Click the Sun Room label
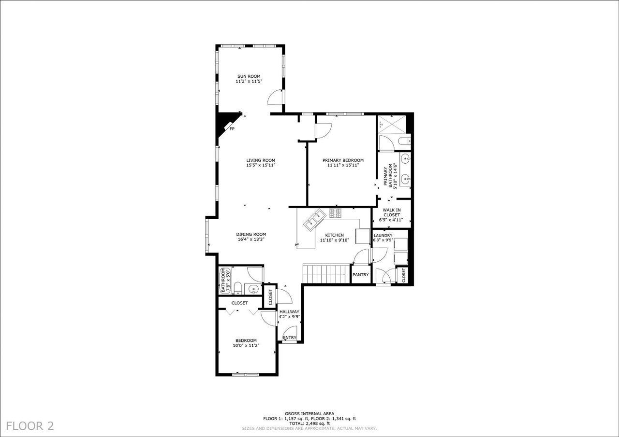[x=249, y=76]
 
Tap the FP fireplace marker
[x=232, y=129]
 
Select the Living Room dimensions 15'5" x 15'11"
[x=261, y=166]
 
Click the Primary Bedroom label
[x=343, y=160]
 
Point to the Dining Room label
[x=251, y=234]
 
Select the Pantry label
[x=360, y=275]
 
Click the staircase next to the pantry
[x=326, y=274]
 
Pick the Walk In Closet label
[x=391, y=212]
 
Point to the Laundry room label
[x=383, y=236]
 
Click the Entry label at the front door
[x=289, y=338]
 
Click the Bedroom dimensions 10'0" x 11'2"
[x=246, y=345]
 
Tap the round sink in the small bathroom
[x=253, y=289]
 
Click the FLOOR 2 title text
[x=30, y=426]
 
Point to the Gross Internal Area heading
[x=309, y=414]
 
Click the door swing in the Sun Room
[x=275, y=98]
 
